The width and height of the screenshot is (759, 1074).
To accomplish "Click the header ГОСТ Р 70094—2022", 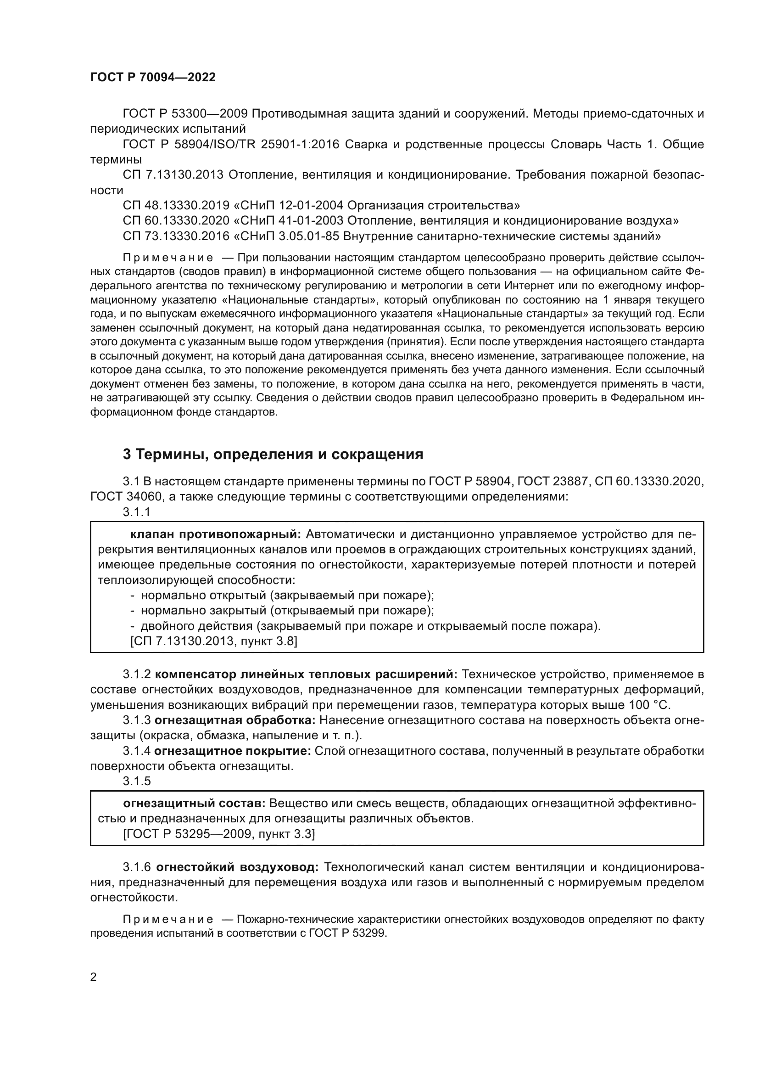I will (x=153, y=78).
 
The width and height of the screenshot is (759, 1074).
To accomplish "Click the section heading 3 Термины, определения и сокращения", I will (x=273, y=454).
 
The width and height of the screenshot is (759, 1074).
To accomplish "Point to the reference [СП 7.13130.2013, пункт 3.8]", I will (x=213, y=641).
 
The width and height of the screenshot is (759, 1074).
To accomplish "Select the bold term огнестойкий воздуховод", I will (x=237, y=867).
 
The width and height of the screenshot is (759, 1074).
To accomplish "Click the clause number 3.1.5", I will (x=136, y=781).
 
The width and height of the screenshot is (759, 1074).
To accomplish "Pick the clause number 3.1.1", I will (x=136, y=512).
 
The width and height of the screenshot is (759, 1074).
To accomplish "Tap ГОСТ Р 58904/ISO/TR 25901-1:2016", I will (x=231, y=145).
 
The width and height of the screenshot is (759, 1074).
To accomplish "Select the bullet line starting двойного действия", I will (x=364, y=626).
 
